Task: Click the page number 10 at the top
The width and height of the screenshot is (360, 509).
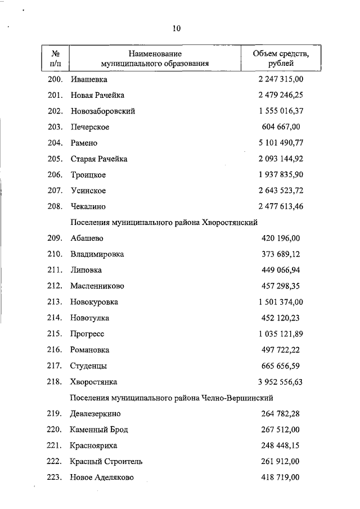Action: pyautogui.click(x=176, y=29)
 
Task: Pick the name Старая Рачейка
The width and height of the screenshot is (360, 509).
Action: pyautogui.click(x=99, y=159)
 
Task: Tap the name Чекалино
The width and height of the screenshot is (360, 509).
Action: pyautogui.click(x=88, y=206)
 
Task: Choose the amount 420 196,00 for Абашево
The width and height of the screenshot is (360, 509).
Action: pyautogui.click(x=281, y=238)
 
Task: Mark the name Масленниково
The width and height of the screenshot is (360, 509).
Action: pyautogui.click(x=97, y=286)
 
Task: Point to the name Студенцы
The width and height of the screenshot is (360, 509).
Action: pyautogui.click(x=88, y=366)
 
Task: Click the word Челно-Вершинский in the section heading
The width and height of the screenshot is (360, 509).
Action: pyautogui.click(x=239, y=398)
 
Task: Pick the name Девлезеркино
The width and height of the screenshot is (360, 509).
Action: pyautogui.click(x=96, y=413)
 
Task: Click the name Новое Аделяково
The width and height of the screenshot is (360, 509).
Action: pyautogui.click(x=102, y=478)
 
